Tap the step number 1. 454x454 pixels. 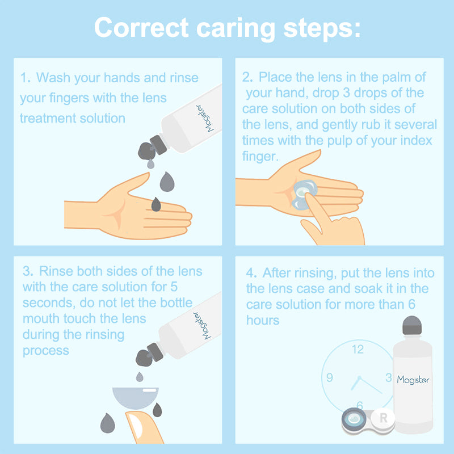pos(24,78)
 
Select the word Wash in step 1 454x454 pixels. pos(55,78)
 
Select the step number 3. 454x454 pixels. pos(26,271)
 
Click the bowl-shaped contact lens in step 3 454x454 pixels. pos(136,396)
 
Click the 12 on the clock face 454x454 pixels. pos(358,350)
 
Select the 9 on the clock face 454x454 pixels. pos(330,378)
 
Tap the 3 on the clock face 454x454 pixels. pos(388,377)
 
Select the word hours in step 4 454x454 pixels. pos(263,320)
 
